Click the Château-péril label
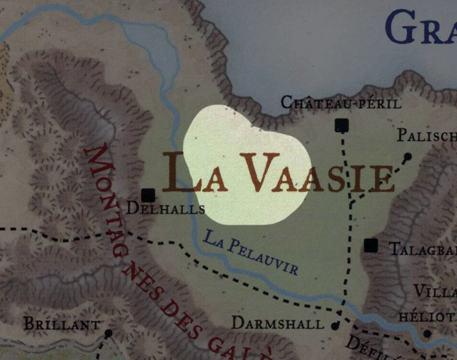341,102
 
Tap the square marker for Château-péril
341,126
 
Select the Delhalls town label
165,209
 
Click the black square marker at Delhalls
147,195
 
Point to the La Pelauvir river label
251,252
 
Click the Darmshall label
278,323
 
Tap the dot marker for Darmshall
335,326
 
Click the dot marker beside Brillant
108,333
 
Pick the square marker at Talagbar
370,246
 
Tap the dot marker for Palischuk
407,157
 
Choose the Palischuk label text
426,135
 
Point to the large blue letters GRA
421,28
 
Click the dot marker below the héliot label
427,334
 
